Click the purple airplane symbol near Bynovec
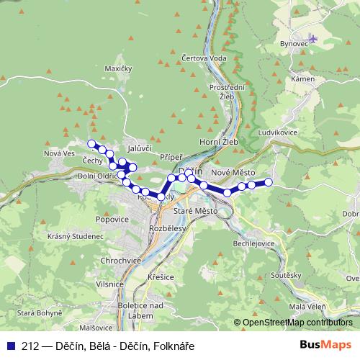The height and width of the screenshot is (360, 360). (312, 37)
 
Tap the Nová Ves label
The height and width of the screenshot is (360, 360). (60, 153)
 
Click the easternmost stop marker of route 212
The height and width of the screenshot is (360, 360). (269, 182)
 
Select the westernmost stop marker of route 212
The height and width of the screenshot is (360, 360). (91, 143)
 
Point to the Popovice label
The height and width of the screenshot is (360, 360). (114, 218)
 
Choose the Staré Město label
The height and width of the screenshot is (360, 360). (195, 211)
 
